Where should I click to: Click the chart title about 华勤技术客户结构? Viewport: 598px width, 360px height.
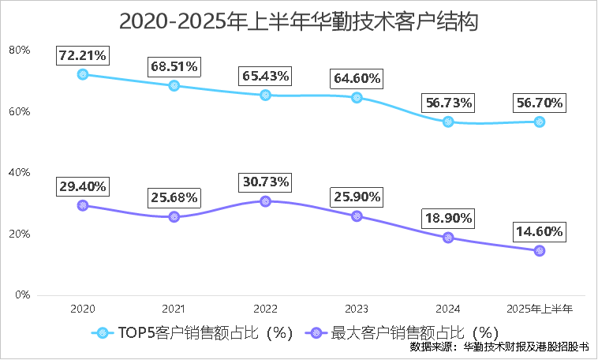pyautogui.click(x=299, y=21)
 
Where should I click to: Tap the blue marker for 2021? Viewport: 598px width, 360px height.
pyautogui.click(x=174, y=86)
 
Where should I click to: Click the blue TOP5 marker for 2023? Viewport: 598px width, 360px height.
pyautogui.click(x=357, y=98)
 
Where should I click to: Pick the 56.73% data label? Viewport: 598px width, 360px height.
pyautogui.click(x=448, y=103)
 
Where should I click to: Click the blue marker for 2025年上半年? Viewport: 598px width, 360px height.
pyautogui.click(x=540, y=122)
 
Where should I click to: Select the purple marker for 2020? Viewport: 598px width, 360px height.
pyautogui.click(x=83, y=205)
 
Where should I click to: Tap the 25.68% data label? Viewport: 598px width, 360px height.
pyautogui.click(x=174, y=197)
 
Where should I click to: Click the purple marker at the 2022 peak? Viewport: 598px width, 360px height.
pyautogui.click(x=265, y=201)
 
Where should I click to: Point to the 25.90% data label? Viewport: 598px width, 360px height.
pyautogui.click(x=357, y=197)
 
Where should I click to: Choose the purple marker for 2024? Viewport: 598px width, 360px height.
pyautogui.click(x=448, y=238)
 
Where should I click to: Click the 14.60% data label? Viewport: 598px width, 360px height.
pyautogui.click(x=540, y=231)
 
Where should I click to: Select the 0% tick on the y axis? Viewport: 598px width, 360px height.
pyautogui.click(x=21, y=295)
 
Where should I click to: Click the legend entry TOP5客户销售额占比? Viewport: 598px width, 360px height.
pyautogui.click(x=194, y=332)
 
